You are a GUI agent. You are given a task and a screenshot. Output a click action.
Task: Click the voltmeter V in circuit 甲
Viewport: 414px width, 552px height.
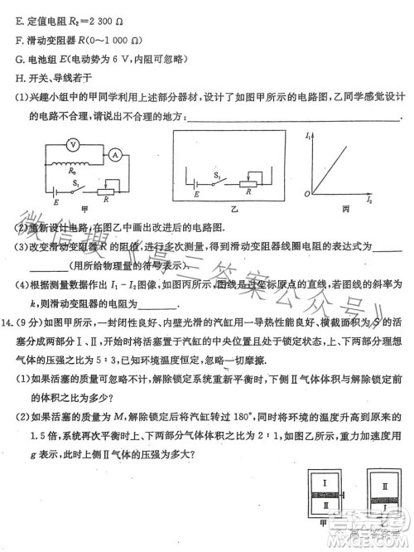(x=72, y=143)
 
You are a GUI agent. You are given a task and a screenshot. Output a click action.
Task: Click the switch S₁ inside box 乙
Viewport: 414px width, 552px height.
(x=219, y=182)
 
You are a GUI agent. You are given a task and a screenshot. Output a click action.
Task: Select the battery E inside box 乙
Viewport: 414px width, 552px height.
(x=196, y=184)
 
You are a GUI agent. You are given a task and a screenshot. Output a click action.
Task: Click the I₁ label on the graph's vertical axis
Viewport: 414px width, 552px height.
(x=308, y=134)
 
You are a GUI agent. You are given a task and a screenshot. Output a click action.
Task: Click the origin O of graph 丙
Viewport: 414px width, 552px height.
(x=306, y=193)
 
